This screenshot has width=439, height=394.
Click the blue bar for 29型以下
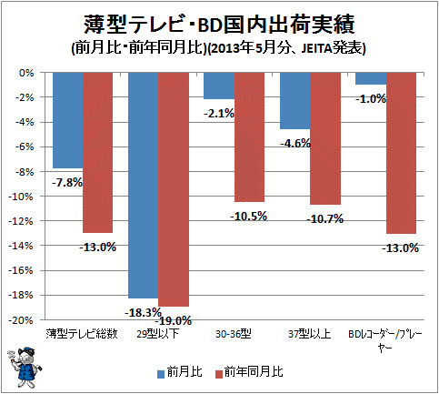143,186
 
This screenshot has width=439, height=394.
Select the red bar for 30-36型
249,137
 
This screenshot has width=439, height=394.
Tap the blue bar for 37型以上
294,101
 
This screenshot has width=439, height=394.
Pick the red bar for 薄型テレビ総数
97,153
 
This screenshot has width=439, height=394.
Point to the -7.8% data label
67,183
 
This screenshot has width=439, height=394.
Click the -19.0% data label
174,320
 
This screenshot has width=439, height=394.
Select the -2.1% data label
219,114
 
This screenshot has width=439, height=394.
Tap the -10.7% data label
325,218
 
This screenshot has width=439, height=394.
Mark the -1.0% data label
371,99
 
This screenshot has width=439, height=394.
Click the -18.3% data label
143,312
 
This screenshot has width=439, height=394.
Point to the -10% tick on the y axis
20,197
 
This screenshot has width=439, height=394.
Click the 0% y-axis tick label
26,73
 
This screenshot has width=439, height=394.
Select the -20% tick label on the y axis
20,320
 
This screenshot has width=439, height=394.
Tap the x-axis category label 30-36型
234,334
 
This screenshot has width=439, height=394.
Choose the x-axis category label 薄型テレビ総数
82,334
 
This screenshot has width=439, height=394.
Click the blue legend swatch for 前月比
161,374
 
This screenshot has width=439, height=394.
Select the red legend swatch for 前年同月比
219,374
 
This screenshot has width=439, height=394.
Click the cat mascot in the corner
24,367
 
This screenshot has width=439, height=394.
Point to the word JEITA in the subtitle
316,48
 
